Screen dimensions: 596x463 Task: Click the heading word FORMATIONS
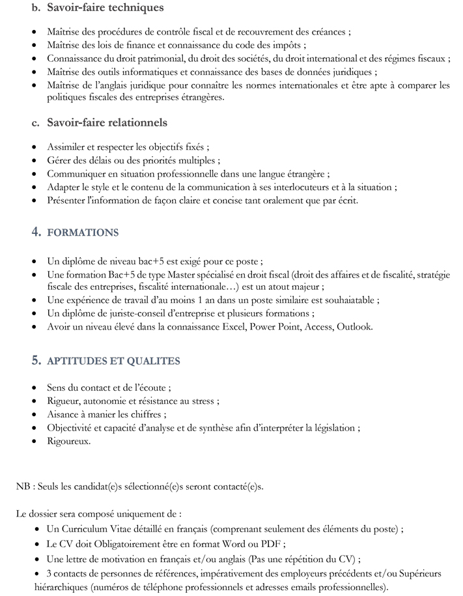tap(83, 233)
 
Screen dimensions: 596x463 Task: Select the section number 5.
tap(36, 360)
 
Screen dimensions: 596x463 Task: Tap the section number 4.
tap(36, 232)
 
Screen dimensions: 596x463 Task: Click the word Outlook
tap(355, 326)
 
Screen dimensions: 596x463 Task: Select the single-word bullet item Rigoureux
tap(68, 441)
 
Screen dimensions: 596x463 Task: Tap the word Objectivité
tap(72, 427)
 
